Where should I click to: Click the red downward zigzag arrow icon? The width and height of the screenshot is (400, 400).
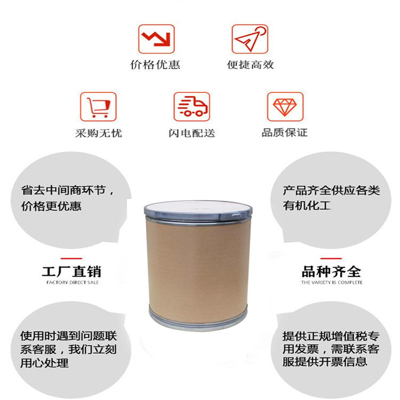click(156, 39)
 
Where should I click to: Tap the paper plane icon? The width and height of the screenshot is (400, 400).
click(249, 39)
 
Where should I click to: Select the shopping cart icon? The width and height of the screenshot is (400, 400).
click(98, 106)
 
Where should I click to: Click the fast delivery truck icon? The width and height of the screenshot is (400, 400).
click(192, 106)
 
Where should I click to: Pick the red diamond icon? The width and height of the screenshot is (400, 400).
click(285, 106)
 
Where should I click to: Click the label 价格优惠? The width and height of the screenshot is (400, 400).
click(155, 65)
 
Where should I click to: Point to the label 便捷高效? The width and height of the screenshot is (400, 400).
click(250, 65)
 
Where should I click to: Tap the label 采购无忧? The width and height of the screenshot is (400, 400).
click(98, 133)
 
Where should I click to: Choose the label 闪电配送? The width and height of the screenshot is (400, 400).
click(192, 133)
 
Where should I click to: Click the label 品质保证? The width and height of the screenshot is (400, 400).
click(284, 132)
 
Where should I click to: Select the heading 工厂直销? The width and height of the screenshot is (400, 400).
click(71, 271)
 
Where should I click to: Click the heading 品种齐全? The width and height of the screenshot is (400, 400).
click(331, 271)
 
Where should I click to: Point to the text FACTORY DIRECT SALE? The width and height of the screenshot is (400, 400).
click(72, 282)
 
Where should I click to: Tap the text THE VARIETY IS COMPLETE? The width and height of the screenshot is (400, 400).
click(331, 282)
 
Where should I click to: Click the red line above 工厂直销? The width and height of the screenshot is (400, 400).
click(71, 258)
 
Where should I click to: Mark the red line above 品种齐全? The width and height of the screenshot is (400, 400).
click(331, 258)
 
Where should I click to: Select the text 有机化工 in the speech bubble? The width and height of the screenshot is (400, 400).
click(307, 205)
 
